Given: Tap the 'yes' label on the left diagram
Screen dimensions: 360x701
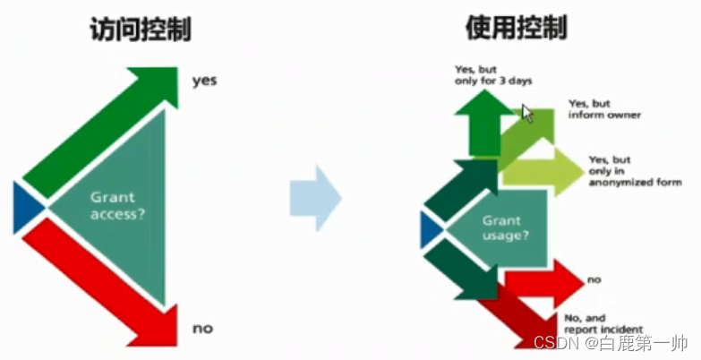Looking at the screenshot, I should [204, 81].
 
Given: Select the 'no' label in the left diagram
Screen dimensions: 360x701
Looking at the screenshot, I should [202, 329].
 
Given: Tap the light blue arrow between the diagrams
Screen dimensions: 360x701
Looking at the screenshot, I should [315, 198].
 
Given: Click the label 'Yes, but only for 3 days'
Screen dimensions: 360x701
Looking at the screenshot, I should [493, 74].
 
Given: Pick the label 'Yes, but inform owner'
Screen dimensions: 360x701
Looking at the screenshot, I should [604, 109].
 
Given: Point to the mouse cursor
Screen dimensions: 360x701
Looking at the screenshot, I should [527, 113].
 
